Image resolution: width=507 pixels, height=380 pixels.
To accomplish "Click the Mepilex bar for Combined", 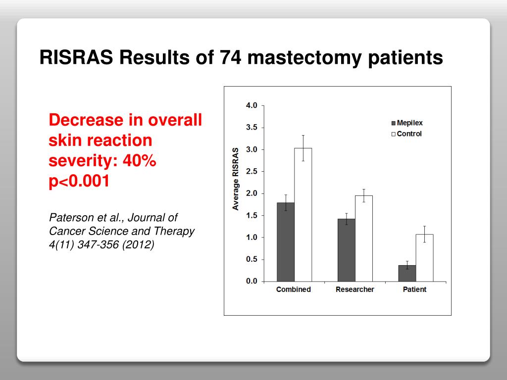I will click(285, 242).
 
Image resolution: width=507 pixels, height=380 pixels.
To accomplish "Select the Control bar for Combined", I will click(303, 215).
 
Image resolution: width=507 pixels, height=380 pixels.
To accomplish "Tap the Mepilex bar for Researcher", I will click(346, 250).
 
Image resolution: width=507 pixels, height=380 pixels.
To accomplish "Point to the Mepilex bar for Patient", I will click(407, 273).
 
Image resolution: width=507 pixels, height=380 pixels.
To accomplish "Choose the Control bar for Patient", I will click(424, 258).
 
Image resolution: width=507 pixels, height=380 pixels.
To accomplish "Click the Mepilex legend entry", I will click(406, 123).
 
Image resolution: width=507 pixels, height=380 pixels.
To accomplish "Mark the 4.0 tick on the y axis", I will click(252, 105).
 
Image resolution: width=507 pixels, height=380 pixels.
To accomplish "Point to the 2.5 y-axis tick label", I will click(252, 171).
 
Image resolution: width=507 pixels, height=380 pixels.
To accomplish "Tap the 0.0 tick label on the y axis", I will click(252, 281).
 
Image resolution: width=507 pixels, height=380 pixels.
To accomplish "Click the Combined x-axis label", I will click(294, 289).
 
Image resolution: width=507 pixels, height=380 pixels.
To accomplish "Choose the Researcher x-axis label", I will click(355, 289).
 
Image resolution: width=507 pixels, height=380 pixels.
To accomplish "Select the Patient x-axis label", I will click(415, 289).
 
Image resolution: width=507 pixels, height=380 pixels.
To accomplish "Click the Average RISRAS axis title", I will click(236, 178).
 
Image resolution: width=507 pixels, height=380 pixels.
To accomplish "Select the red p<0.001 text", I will click(79, 181).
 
